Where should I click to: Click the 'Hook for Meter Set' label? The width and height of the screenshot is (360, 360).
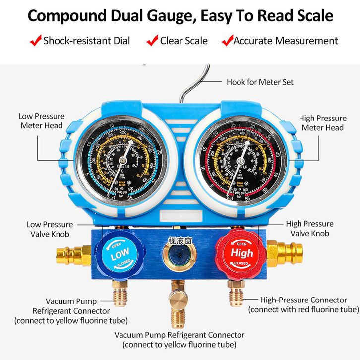(x=260, y=82)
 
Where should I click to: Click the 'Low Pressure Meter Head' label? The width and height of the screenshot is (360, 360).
(x=42, y=121)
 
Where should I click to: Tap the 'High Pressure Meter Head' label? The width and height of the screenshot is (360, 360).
(x=322, y=123)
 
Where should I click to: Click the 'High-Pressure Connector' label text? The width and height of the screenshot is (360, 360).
(x=303, y=300)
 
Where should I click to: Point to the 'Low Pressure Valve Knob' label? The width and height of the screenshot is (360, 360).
(x=50, y=229)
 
